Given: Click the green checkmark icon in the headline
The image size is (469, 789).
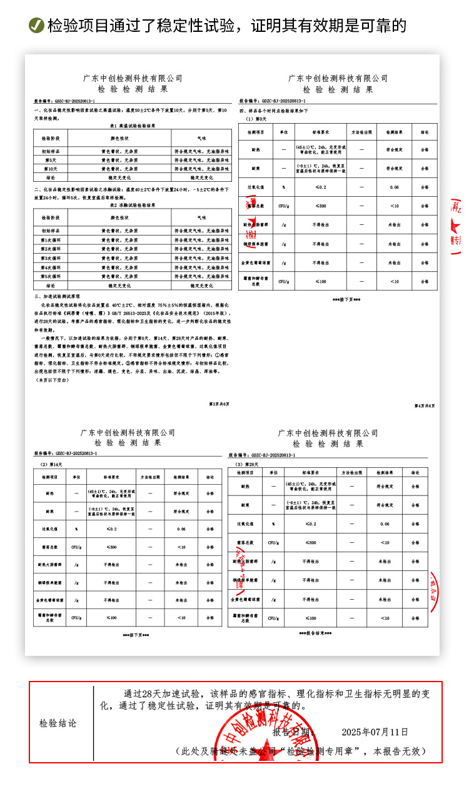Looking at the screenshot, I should (36, 26).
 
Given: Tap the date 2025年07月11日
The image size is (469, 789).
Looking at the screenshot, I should (375, 732).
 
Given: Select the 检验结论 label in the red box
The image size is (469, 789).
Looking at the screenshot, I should (58, 723).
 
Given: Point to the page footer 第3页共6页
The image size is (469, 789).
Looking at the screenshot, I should (219, 404).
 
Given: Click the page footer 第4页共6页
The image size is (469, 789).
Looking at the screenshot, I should (425, 405).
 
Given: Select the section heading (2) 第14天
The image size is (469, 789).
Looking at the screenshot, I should (51, 464).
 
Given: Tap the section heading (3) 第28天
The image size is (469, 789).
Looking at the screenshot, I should (246, 464).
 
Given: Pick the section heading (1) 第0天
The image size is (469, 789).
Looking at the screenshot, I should (256, 118).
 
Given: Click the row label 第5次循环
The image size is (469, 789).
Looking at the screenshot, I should (51, 275).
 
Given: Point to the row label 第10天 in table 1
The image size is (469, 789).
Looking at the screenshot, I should (51, 169).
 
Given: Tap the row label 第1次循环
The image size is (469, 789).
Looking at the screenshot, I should (51, 240).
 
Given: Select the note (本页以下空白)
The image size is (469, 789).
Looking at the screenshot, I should (52, 379).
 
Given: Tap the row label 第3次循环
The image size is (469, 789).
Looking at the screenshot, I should (51, 258).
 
